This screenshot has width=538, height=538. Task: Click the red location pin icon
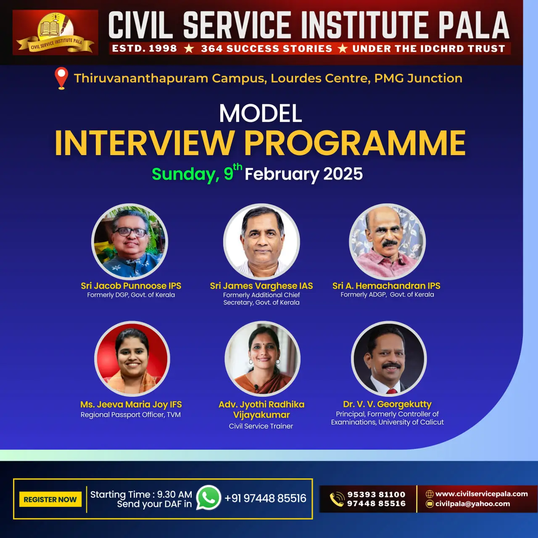61,78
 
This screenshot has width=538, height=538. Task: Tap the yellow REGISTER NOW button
50,499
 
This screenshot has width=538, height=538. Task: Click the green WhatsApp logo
208,498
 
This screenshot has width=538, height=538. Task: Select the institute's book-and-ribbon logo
55,33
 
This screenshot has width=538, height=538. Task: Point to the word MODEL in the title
261,113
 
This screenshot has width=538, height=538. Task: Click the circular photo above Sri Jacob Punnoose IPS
129,242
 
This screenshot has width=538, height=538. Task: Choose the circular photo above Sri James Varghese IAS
261,242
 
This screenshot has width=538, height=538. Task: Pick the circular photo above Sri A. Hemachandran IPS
387,242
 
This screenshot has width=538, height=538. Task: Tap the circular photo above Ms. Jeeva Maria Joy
132,359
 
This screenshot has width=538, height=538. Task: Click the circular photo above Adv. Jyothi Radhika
262,359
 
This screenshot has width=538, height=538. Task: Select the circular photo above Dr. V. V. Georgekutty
389,359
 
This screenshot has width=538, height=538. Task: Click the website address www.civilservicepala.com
482,494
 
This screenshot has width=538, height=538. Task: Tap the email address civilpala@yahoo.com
473,504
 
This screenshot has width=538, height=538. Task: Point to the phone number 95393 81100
376,494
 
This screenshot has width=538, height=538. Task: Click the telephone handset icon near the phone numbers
337,499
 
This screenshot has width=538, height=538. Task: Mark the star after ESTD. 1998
189,49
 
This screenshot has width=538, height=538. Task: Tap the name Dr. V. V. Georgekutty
387,404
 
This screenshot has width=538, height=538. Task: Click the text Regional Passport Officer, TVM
131,415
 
